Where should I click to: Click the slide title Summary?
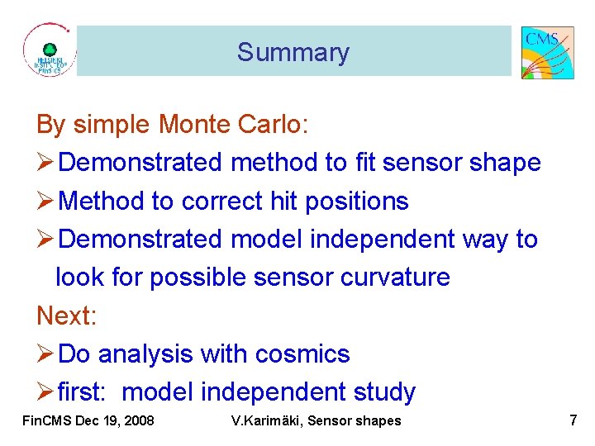[293, 52]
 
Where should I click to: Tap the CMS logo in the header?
[547, 52]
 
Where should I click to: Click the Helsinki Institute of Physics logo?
[49, 51]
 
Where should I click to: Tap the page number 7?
[573, 420]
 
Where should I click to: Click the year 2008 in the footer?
[137, 421]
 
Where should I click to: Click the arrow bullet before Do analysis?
[45, 353]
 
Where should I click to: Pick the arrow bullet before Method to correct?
[45, 201]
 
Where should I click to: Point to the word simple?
[112, 125]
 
